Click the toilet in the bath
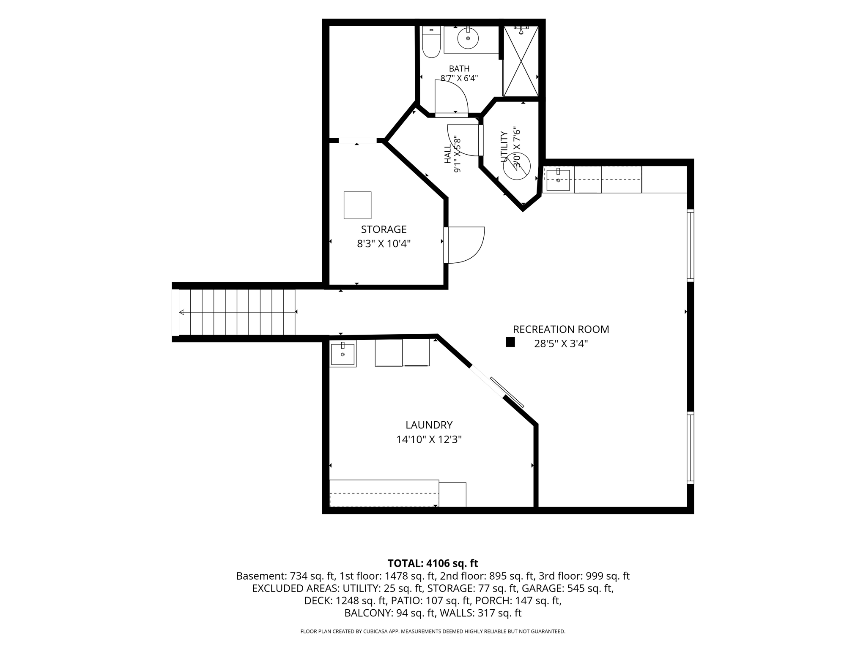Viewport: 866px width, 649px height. [431, 42]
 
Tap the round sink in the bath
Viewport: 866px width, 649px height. [468, 38]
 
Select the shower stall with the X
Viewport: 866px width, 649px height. [521, 61]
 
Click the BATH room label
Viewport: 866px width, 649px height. [459, 68]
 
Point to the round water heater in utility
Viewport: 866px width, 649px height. [516, 166]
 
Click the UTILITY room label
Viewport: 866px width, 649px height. [504, 147]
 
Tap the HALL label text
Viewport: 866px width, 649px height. [447, 154]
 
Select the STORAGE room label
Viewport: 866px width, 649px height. [384, 229]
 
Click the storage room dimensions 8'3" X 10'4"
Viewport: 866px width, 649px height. [384, 244]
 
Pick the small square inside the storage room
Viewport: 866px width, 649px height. [357, 205]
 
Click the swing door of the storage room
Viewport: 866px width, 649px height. [465, 245]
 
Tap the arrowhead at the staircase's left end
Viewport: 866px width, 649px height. [182, 312]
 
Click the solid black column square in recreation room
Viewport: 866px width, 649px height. [510, 342]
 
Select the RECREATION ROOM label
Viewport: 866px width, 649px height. [561, 330]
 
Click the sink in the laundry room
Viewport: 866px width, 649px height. [343, 354]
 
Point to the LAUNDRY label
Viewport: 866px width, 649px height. [429, 425]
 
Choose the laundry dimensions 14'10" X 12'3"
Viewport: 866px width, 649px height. [429, 440]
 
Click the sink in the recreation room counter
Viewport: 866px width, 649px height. [558, 180]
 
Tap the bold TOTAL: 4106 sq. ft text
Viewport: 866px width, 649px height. [433, 563]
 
